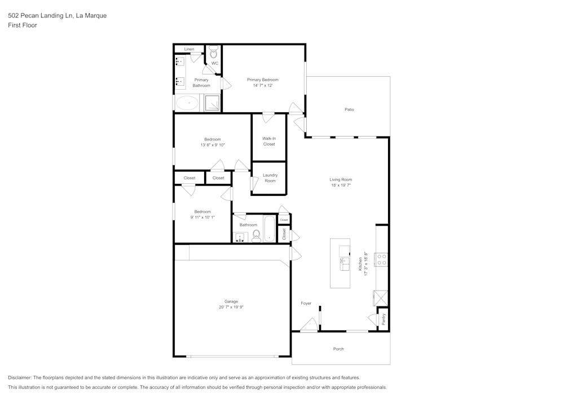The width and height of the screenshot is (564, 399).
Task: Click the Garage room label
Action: point(231,301)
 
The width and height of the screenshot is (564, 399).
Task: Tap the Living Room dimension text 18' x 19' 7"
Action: point(341,185)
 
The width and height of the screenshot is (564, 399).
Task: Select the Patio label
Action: point(349,109)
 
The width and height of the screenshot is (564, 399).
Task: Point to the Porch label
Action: point(338,349)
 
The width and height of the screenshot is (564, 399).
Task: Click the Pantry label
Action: point(384,319)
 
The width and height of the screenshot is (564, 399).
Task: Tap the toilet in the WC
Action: point(213,54)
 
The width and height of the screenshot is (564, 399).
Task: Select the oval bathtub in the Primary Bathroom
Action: point(187,103)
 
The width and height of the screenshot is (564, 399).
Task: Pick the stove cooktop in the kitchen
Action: point(382,260)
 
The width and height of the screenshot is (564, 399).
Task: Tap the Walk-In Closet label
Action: point(269,141)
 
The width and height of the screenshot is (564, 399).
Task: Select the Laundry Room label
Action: point(270,178)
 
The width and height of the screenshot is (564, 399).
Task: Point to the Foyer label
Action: point(306,304)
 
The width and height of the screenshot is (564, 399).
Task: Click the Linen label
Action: point(189,49)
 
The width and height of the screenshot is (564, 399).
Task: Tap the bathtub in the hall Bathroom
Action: point(269,229)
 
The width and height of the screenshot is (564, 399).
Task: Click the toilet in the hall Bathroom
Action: point(256,235)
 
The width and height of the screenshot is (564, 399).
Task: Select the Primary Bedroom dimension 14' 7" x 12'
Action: point(262,86)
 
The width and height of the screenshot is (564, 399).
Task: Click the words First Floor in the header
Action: point(23,25)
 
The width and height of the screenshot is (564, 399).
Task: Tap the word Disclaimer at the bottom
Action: point(20,378)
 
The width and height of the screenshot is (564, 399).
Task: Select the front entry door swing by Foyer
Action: point(309,325)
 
